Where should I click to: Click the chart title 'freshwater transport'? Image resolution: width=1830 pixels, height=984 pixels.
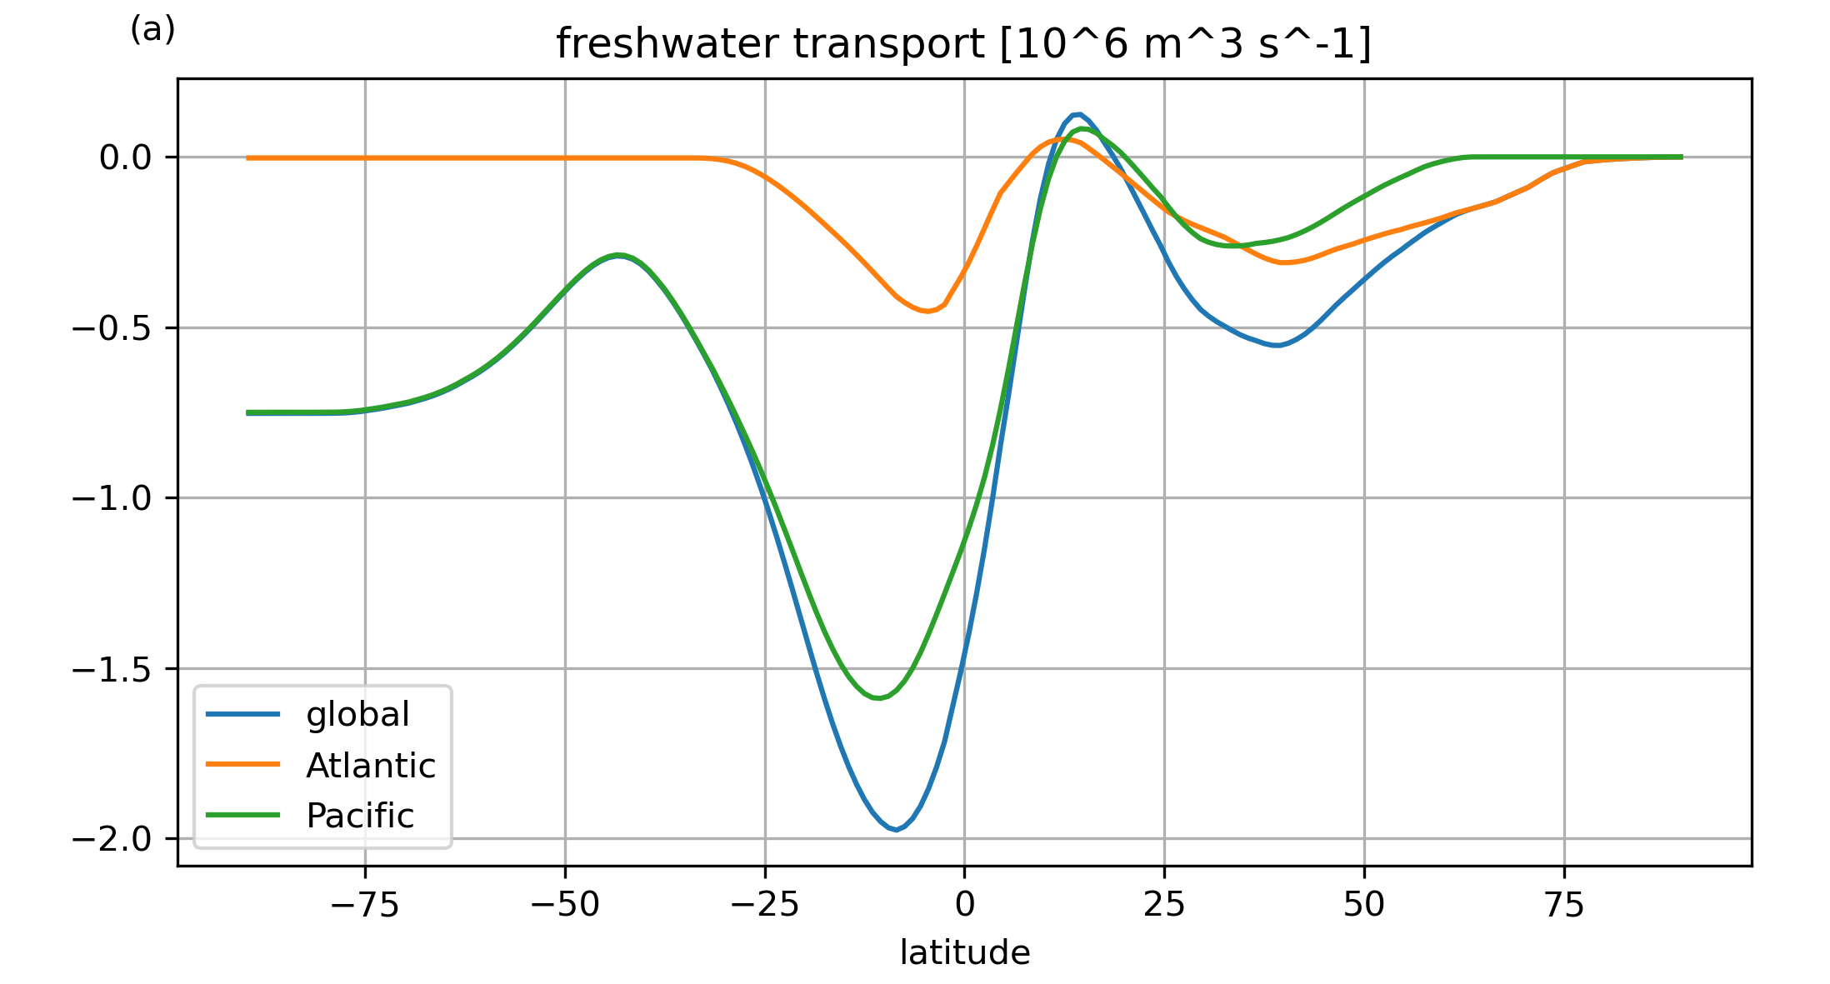pos(963,44)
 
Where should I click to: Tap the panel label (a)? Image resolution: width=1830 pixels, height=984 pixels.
pos(152,30)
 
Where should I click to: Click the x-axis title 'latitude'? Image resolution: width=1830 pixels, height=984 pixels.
pos(964,952)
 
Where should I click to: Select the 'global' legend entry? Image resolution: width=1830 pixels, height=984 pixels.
pos(357,714)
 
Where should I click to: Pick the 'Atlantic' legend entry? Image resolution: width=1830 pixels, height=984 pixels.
pos(371,766)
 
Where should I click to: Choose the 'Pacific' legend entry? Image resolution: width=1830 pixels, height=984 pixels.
pos(360,816)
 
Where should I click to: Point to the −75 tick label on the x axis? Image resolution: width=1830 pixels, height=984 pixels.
pos(364,905)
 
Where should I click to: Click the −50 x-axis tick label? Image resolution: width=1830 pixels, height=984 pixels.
pos(564,905)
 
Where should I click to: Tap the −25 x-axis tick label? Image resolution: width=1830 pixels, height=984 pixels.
pos(764,905)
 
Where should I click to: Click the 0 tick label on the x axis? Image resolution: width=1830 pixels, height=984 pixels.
pos(964,905)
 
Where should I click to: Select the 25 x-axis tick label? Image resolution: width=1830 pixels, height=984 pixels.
pos(1164,905)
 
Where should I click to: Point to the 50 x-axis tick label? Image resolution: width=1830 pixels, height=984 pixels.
pos(1364,905)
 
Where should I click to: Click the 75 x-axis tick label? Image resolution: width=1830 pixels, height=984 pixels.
pos(1564,905)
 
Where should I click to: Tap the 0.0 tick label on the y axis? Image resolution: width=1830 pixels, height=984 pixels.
pos(125,157)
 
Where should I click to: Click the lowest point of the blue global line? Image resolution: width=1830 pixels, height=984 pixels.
pos(896,830)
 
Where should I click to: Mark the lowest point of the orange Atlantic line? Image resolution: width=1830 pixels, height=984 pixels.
pos(927,312)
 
